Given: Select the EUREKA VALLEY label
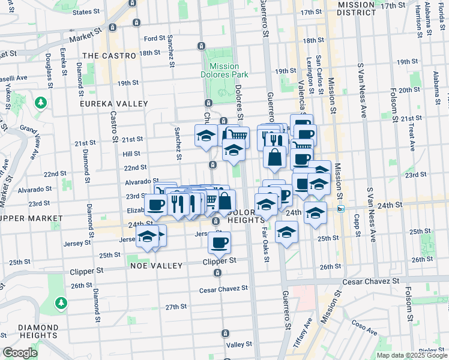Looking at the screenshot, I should pos(114,104).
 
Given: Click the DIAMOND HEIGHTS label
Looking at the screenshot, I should pos(30,331).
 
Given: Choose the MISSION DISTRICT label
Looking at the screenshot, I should pos(360,8).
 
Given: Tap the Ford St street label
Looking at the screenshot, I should pos(154,38).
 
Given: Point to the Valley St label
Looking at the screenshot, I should pos(240,344).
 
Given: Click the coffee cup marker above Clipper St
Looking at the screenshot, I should pos(219,242).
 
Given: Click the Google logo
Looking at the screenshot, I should pos(20,353).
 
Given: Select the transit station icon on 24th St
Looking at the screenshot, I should pos(341,209).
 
